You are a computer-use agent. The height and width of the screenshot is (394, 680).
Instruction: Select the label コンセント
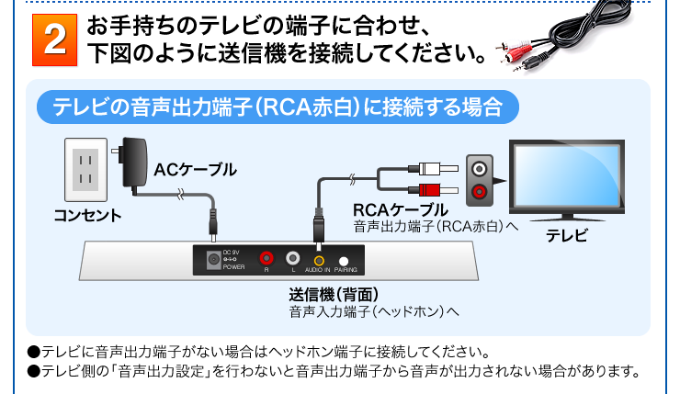[x=87, y=217]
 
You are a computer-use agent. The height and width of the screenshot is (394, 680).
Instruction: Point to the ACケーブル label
[x=195, y=169]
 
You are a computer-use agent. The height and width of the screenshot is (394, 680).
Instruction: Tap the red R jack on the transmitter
[x=266, y=259]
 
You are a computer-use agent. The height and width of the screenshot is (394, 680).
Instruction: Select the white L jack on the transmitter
[x=292, y=259]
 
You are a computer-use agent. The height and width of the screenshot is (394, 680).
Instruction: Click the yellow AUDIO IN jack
[x=318, y=260]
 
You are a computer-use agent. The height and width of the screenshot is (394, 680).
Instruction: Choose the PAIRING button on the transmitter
[x=344, y=261]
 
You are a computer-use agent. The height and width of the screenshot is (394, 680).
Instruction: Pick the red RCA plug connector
[x=431, y=191]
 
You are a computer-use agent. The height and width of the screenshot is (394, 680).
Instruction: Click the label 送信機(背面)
[x=334, y=296]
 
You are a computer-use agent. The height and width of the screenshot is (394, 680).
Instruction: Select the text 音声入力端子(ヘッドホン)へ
[x=373, y=313]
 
